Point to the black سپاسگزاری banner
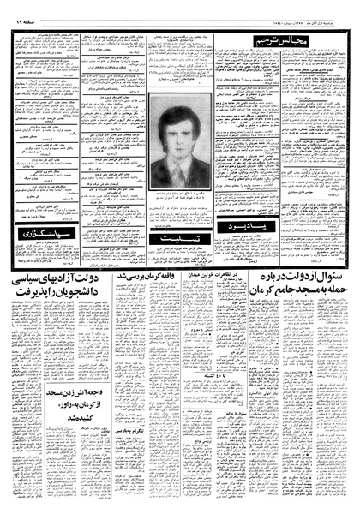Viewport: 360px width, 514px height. point(45,233)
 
